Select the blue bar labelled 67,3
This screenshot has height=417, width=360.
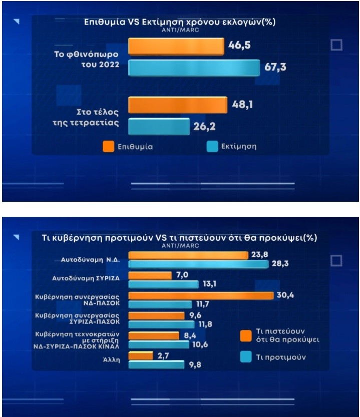pos(194,69)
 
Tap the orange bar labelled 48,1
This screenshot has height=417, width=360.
pos(178,105)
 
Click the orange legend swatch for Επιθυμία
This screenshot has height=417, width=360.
pos(109,147)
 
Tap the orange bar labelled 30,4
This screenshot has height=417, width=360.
pos(201,295)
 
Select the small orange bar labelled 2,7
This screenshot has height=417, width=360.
pos(141,355)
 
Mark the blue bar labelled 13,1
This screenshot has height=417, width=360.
pos(163,284)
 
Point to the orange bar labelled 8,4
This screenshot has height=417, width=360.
pos(154,335)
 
